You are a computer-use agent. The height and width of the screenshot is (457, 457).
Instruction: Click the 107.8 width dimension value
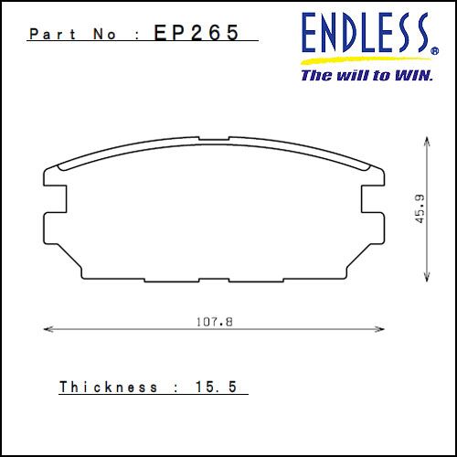[211, 321]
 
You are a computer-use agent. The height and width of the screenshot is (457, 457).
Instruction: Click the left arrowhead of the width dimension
[48, 329]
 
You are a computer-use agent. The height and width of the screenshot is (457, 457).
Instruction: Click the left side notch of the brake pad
[57, 198]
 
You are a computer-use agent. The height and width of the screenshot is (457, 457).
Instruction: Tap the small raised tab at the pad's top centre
[213, 141]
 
